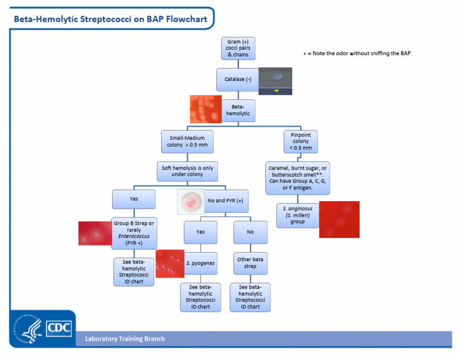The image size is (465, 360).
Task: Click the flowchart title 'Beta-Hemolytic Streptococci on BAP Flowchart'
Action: click(110, 19)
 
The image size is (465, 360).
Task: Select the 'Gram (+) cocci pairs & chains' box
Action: click(238, 48)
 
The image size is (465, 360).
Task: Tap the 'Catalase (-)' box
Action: click(237, 79)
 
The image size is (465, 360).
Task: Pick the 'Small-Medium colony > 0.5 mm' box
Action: click(187, 142)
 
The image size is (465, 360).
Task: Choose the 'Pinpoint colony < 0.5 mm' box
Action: click(301, 142)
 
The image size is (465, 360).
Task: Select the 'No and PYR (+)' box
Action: click(225, 201)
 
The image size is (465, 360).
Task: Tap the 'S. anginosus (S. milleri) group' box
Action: click(297, 215)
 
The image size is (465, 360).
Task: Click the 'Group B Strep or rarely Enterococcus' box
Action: click(133, 233)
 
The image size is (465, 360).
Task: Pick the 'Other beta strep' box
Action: click(250, 263)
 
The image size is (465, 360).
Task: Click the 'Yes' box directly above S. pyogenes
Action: click(200, 232)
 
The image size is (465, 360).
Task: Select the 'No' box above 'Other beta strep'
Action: click(250, 232)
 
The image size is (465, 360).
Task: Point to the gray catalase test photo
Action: click(275, 81)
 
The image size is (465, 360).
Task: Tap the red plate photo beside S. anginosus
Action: click(339, 219)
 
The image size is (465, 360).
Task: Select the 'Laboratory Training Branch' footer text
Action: click(125, 339)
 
